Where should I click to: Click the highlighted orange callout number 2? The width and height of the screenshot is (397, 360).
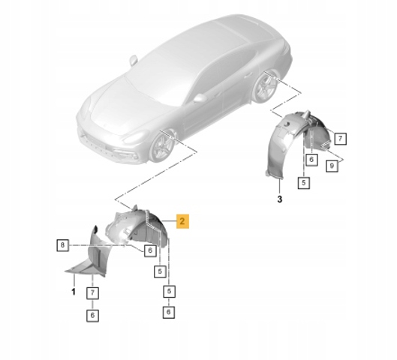click(182, 221)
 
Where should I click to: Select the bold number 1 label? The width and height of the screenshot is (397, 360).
click(74, 292)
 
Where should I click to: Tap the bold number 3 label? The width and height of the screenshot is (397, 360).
click(279, 199)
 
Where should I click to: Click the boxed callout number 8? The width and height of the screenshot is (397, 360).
click(62, 245)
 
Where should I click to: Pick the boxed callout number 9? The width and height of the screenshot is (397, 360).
click(332, 166)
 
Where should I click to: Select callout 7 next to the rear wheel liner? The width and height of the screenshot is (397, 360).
click(340, 139)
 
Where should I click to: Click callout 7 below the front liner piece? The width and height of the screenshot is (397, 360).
click(92, 293)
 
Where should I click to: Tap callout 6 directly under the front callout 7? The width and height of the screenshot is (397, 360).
click(92, 315)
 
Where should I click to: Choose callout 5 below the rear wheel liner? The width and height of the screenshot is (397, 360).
click(304, 182)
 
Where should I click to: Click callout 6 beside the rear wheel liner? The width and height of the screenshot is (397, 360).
click(311, 160)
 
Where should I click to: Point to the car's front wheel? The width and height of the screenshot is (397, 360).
click(162, 147)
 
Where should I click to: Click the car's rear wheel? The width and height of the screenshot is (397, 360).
click(265, 86)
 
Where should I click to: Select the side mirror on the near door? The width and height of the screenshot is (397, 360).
click(200, 98)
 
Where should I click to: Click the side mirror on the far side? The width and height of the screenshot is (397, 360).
click(134, 61)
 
